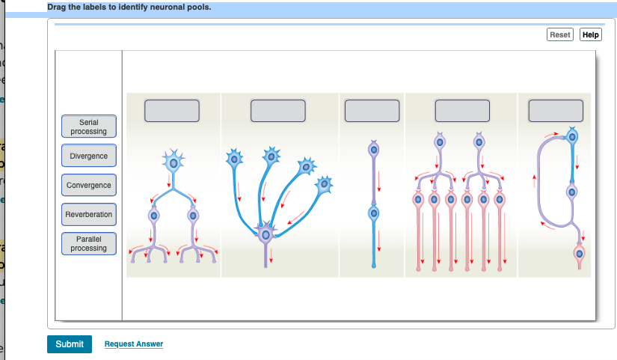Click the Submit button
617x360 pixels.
coord(70,344)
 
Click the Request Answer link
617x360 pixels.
coord(134,344)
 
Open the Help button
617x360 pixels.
coord(591,35)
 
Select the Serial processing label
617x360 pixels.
coord(88,126)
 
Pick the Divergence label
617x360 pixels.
coord(88,156)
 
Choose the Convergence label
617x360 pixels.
coord(88,185)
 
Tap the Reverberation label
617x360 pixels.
coord(88,214)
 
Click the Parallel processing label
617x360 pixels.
coord(88,243)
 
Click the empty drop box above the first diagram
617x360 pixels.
coord(172,110)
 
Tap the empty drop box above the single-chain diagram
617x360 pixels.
coord(372,110)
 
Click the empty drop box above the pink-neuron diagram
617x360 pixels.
coord(462,110)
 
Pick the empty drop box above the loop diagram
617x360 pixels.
coord(555,110)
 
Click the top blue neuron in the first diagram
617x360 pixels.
coord(174,161)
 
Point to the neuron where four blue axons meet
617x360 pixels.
coord(265,234)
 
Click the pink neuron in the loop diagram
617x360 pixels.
coord(579,254)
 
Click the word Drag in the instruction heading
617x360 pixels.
coord(57,7)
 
